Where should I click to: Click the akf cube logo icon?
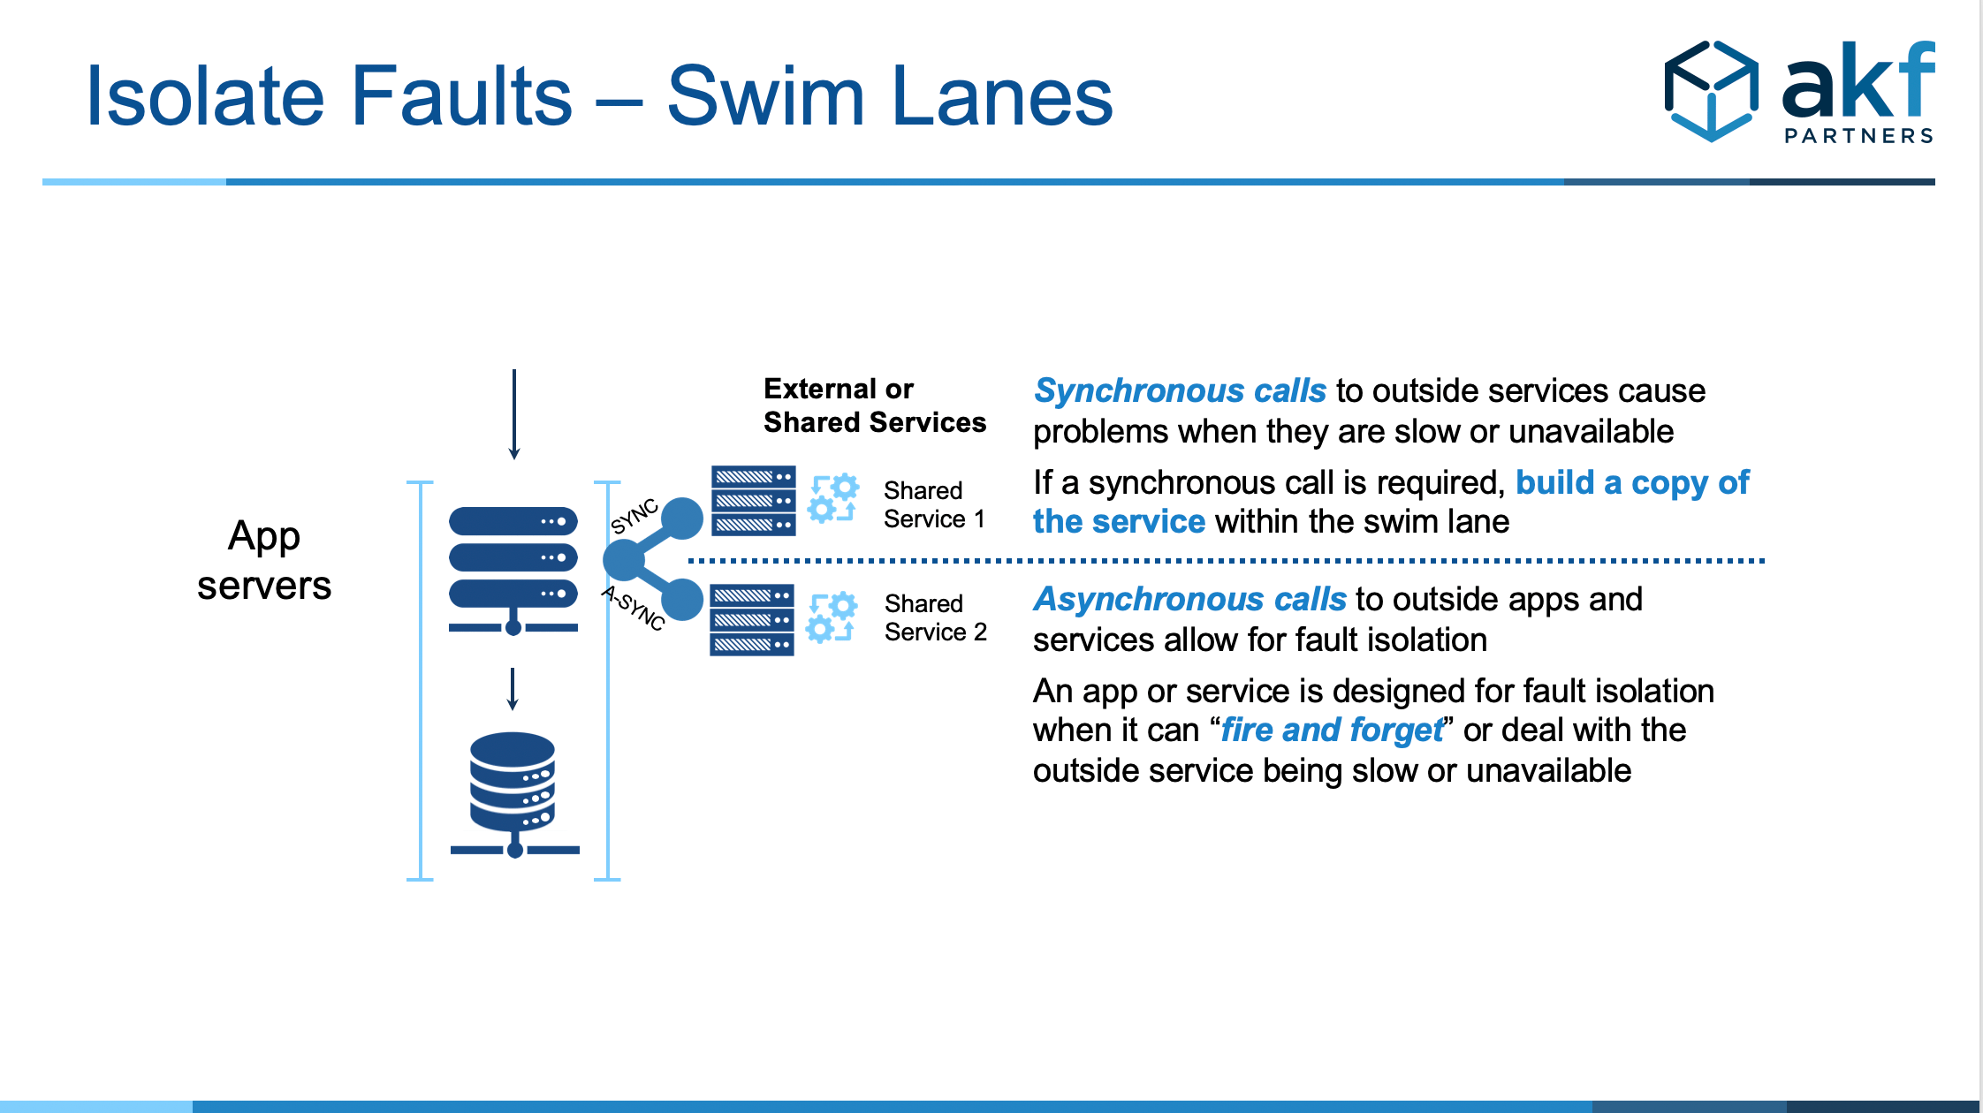tap(1711, 91)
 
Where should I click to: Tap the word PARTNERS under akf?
tap(1858, 136)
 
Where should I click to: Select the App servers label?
tap(263, 560)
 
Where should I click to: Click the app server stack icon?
tap(513, 569)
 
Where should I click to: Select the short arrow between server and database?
tap(513, 689)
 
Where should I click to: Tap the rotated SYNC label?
tap(634, 517)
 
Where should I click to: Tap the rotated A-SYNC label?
tap(633, 608)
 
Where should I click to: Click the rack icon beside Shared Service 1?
tap(753, 501)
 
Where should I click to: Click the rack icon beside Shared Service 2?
tap(751, 620)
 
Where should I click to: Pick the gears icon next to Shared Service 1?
tap(832, 499)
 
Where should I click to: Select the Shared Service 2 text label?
tap(935, 617)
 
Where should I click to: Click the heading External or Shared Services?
tap(873, 405)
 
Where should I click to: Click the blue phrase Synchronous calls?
tap(1180, 390)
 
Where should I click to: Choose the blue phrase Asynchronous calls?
tap(1189, 599)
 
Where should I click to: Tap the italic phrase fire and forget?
tap(1331, 731)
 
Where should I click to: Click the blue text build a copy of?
tap(1631, 482)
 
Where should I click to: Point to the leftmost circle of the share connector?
tap(624, 559)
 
